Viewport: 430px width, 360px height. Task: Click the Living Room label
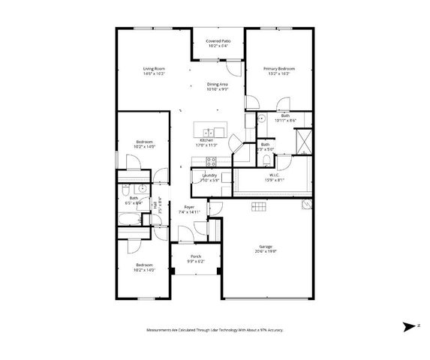point(154,70)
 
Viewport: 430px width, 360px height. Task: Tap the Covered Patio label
point(218,41)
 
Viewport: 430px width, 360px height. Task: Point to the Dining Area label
point(218,84)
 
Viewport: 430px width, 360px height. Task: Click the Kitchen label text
point(206,140)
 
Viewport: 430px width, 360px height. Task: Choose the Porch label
point(195,256)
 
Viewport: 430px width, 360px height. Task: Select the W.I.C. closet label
point(274,175)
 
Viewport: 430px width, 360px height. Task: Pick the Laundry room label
point(209,175)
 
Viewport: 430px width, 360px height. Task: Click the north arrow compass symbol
point(410,326)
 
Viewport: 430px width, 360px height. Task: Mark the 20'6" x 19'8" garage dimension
point(264,252)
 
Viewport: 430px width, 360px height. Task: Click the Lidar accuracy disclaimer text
point(215,329)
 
